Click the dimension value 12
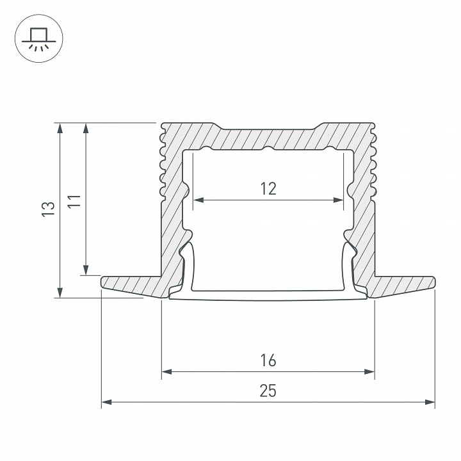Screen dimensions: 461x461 coord(268,188)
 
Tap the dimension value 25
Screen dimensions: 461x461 coord(268,391)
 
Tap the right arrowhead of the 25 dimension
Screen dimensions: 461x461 coord(430,402)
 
